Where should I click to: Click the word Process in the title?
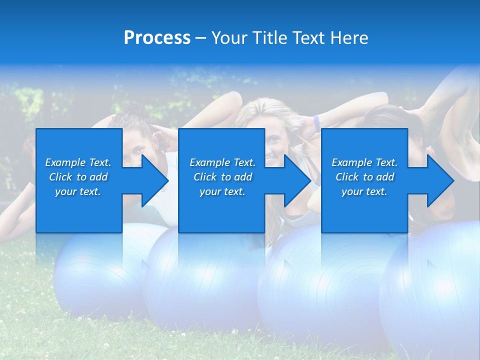coord(157,38)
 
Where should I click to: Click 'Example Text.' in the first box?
coord(78,162)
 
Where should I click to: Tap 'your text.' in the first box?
coord(78,191)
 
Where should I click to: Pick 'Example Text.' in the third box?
coord(364,162)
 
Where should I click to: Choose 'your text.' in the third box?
coord(364,191)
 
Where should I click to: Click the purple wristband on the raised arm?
coord(316,121)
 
